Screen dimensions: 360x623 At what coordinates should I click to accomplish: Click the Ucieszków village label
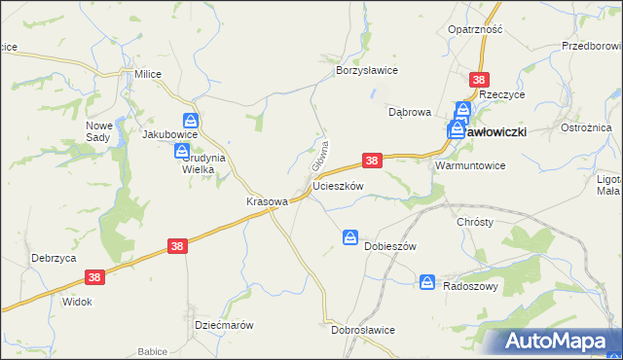coord(338,185)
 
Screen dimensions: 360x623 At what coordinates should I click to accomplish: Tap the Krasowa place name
coord(267,201)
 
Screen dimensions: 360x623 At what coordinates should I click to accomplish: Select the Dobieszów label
coord(389,246)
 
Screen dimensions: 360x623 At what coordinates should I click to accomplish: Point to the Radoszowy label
coord(471,285)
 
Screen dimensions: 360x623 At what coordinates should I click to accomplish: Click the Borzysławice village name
coord(367,71)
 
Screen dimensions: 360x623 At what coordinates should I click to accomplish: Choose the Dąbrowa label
coord(409,112)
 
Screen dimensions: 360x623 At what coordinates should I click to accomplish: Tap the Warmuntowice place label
coord(470,165)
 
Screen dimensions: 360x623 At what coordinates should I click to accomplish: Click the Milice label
coord(148,74)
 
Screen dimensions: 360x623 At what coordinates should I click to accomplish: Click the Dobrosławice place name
coord(362,330)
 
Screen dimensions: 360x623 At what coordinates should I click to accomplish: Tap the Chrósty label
coord(475,222)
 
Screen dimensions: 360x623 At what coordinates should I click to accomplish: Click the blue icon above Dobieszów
coord(350,237)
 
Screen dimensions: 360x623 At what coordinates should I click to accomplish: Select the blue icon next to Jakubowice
coord(192,121)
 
